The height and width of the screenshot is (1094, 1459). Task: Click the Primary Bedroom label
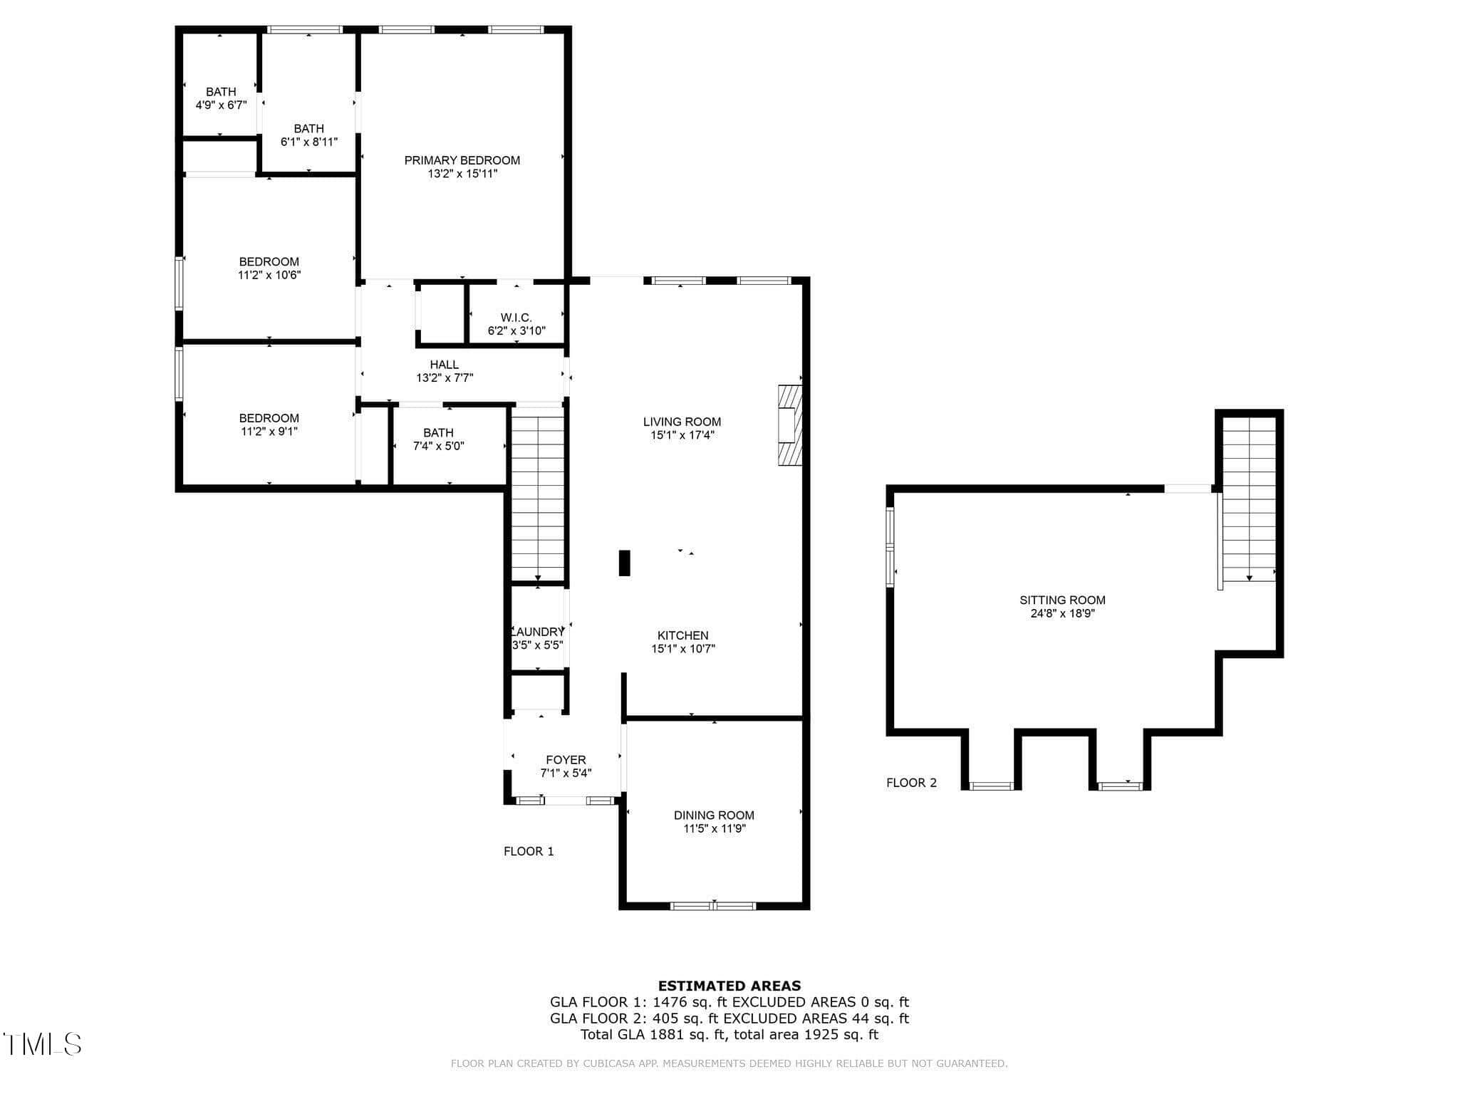[462, 160]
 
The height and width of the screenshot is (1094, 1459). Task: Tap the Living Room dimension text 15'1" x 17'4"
[682, 435]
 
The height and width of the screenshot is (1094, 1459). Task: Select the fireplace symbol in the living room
[790, 425]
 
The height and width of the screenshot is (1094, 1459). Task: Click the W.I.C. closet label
[516, 318]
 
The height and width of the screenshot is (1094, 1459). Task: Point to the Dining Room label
[714, 816]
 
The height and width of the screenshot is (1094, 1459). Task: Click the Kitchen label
[682, 635]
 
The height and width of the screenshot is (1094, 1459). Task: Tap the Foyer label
[566, 760]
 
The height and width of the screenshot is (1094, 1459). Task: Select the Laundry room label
[539, 632]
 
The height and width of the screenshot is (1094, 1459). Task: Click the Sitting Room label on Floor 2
[1062, 600]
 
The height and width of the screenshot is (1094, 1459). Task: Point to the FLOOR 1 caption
[529, 851]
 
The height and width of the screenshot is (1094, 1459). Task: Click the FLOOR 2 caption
[911, 783]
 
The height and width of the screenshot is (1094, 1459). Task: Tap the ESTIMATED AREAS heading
[729, 986]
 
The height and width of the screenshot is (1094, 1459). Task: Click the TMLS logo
[42, 1044]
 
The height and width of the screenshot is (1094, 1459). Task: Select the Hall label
[445, 365]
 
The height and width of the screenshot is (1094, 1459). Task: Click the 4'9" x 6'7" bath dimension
[221, 105]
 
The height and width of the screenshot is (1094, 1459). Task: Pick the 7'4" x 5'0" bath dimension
[439, 447]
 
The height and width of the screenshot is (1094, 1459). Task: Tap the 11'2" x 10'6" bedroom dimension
[269, 275]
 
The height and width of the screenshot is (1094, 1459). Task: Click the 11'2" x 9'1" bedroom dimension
[269, 432]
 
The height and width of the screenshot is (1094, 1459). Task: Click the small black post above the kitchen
[625, 563]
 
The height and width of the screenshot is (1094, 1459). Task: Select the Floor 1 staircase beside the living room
[538, 494]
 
